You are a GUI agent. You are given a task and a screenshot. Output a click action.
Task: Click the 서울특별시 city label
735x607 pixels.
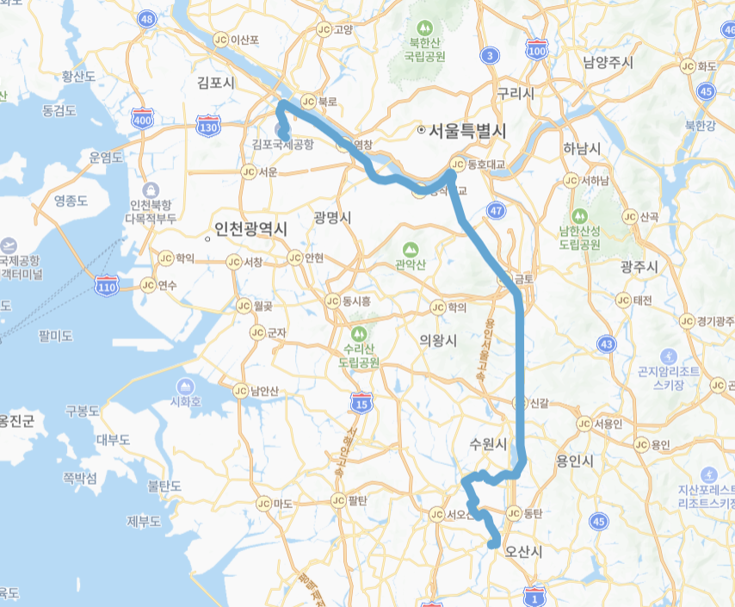tap(466, 130)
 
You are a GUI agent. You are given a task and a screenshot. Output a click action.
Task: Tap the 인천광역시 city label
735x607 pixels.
tap(250, 230)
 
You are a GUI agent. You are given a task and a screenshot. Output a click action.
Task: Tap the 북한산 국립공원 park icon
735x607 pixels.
tap(424, 29)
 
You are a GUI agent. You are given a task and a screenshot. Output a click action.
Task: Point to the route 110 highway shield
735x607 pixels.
tap(107, 286)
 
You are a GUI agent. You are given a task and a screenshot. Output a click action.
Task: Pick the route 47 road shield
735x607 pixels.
tap(496, 210)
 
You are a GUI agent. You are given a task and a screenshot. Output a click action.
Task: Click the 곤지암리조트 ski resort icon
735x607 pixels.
tap(669, 356)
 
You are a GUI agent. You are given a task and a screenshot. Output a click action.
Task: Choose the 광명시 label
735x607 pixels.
tap(332, 218)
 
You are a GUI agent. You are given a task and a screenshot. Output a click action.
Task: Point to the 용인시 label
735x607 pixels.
tap(576, 461)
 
